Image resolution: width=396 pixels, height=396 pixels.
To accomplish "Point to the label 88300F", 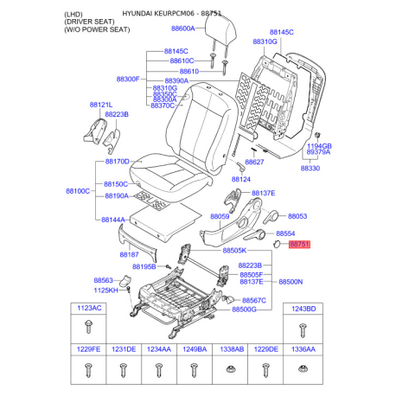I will tap(127, 79).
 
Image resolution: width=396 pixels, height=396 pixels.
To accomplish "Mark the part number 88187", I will tap(129, 255).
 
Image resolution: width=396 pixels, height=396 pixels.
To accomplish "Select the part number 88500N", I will tap(290, 282).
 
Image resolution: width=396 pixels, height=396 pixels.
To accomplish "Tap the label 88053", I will tap(297, 216).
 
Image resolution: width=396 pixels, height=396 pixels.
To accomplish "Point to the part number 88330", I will tap(310, 169).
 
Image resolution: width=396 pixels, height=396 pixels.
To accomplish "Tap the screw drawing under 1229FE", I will tap(90, 371).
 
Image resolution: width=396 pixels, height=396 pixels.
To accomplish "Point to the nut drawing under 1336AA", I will tap(303, 371).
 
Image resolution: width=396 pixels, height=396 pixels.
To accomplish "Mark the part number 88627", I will tap(254, 162).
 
